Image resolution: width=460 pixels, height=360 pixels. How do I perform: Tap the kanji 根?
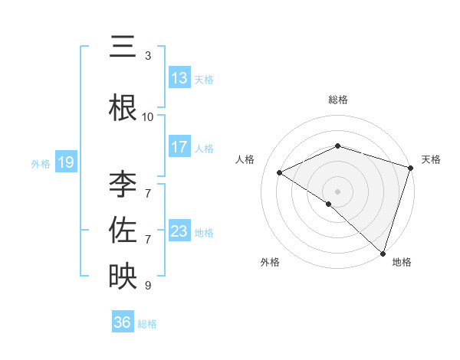click(x=122, y=107)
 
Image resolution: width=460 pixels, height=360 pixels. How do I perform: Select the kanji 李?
click(x=122, y=185)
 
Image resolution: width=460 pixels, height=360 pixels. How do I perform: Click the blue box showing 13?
click(x=179, y=78)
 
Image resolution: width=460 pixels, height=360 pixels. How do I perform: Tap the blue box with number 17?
click(x=179, y=147)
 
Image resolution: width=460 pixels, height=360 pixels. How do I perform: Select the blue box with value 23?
click(x=179, y=231)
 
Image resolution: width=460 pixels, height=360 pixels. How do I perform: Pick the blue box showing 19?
click(x=65, y=162)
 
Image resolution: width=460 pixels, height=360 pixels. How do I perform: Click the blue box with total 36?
click(x=123, y=322)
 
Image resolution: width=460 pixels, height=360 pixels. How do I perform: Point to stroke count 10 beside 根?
click(x=148, y=117)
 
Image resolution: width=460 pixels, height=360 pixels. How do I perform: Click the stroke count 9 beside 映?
click(x=148, y=286)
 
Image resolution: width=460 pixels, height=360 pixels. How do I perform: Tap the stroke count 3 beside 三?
click(x=148, y=56)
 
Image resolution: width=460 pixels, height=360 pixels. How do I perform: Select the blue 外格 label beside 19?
click(x=41, y=163)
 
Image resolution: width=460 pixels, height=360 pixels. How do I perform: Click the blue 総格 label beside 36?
click(x=147, y=323)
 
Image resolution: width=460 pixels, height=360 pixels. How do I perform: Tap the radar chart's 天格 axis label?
click(x=431, y=159)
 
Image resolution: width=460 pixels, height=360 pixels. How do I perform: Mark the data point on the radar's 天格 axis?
click(x=411, y=168)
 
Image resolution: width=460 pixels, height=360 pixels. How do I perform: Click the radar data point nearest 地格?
click(x=383, y=253)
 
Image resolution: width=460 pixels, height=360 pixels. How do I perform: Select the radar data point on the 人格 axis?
click(x=280, y=172)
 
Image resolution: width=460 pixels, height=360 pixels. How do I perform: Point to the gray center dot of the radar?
click(x=337, y=191)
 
